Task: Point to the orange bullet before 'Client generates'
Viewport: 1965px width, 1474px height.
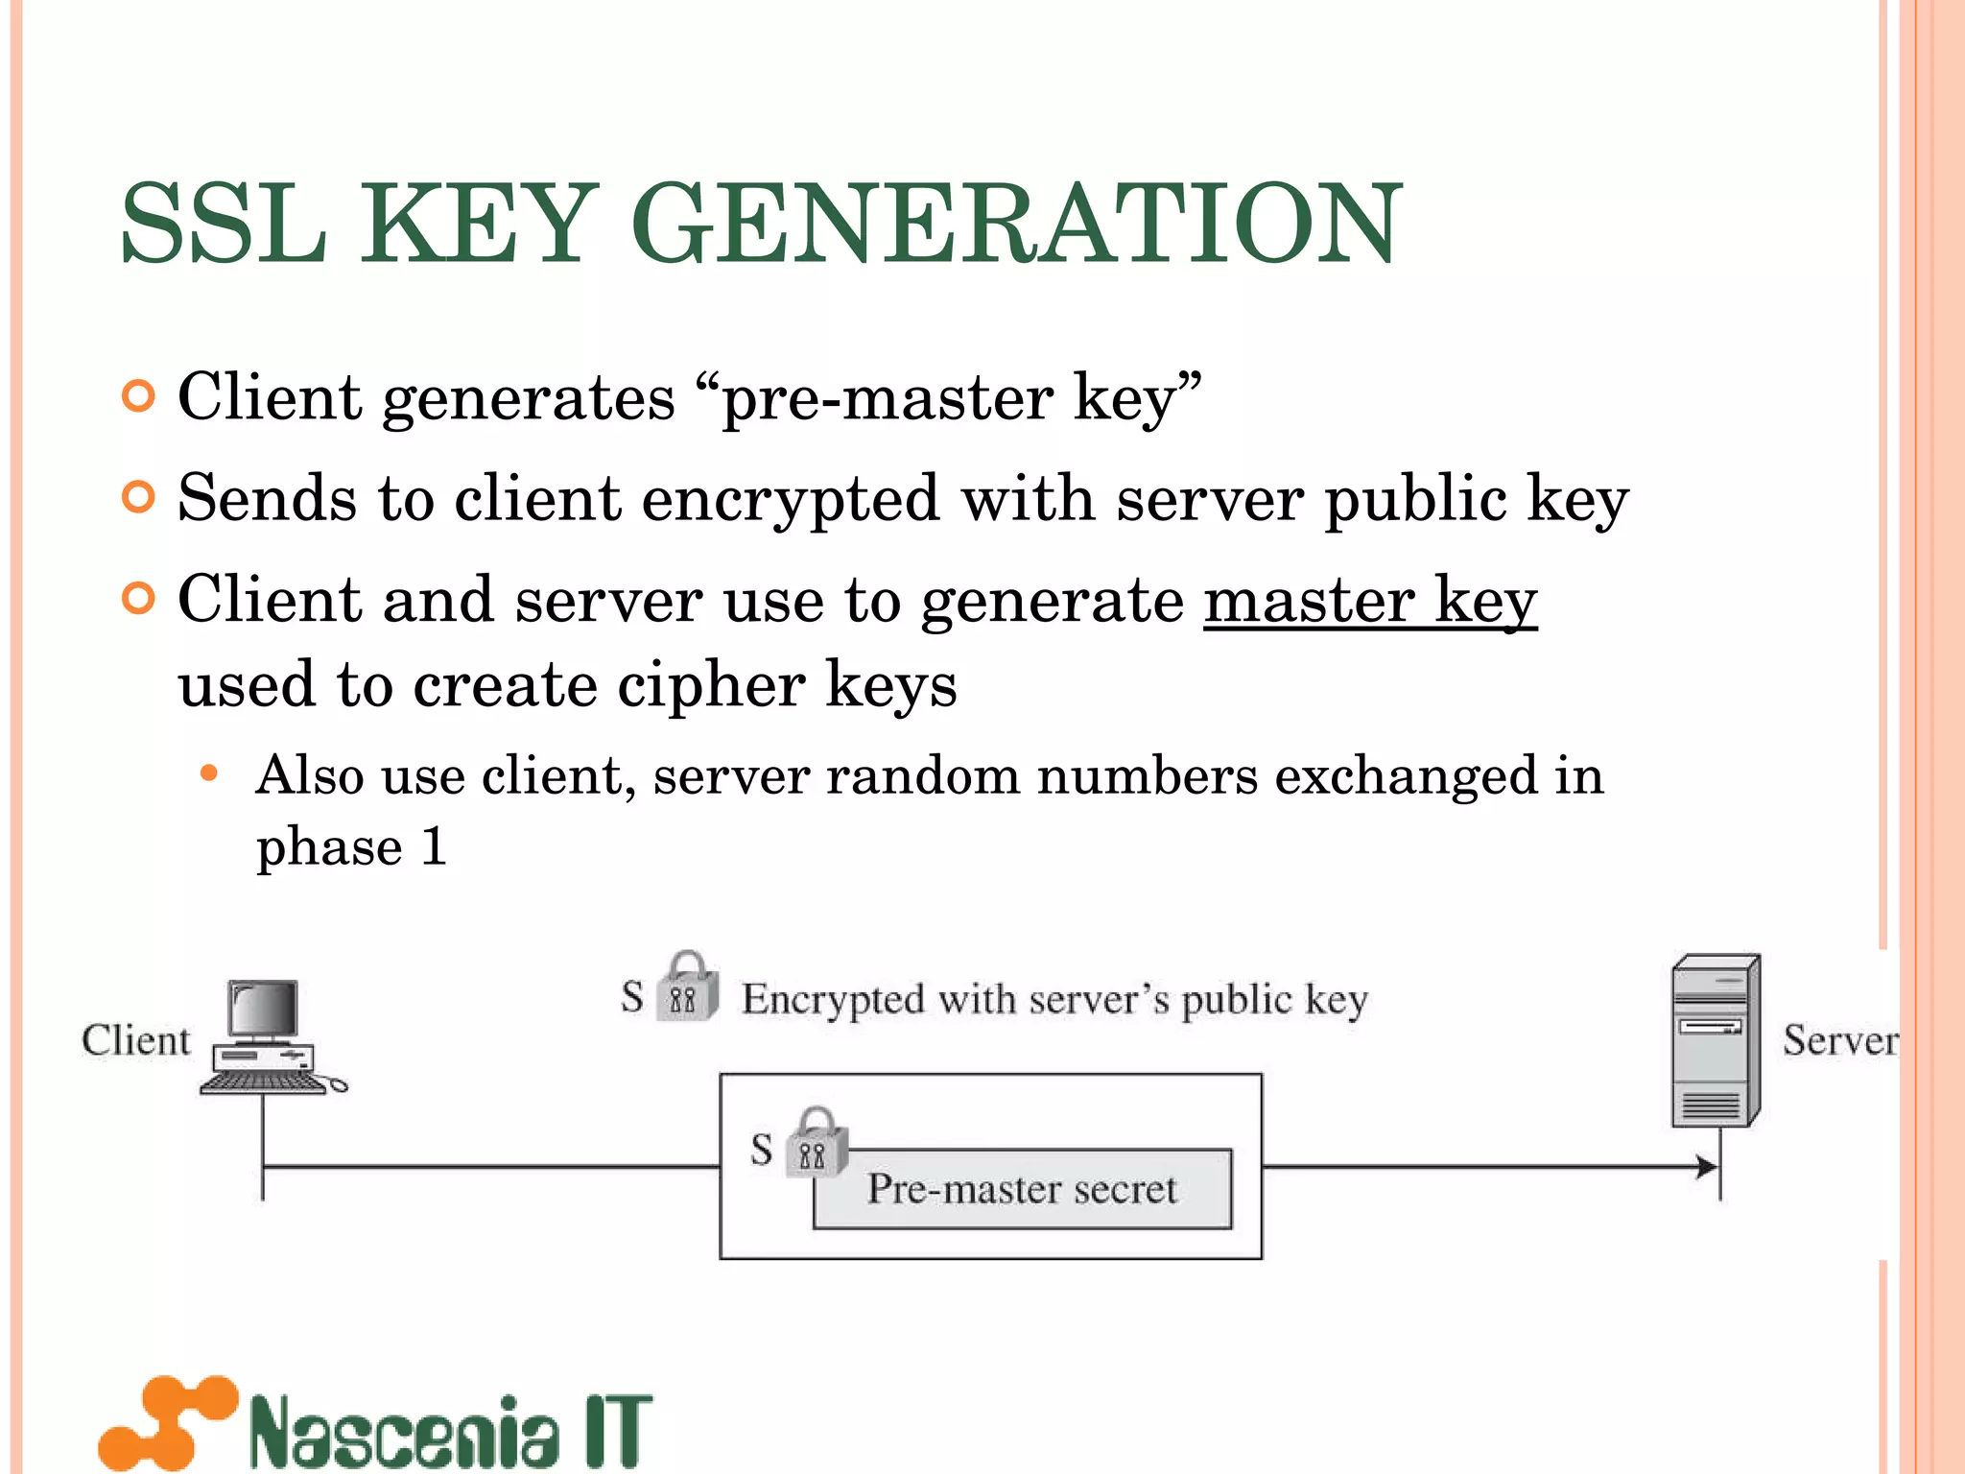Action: (139, 396)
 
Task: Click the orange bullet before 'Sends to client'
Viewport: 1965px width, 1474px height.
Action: (139, 497)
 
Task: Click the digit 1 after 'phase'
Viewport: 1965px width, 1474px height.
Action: (434, 846)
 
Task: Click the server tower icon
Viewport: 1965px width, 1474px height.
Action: (1716, 1040)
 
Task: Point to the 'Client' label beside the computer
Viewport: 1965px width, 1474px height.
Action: (135, 1040)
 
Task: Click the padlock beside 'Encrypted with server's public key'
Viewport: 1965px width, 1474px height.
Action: (688, 988)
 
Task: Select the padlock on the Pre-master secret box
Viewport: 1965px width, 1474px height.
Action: (816, 1143)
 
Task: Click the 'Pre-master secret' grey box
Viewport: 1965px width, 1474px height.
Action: (1023, 1190)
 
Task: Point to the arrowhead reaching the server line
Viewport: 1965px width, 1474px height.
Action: (1707, 1167)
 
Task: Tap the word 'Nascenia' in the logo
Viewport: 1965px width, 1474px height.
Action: (403, 1431)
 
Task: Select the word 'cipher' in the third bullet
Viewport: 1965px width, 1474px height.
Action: (711, 685)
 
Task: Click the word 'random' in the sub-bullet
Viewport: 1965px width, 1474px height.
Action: (922, 775)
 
